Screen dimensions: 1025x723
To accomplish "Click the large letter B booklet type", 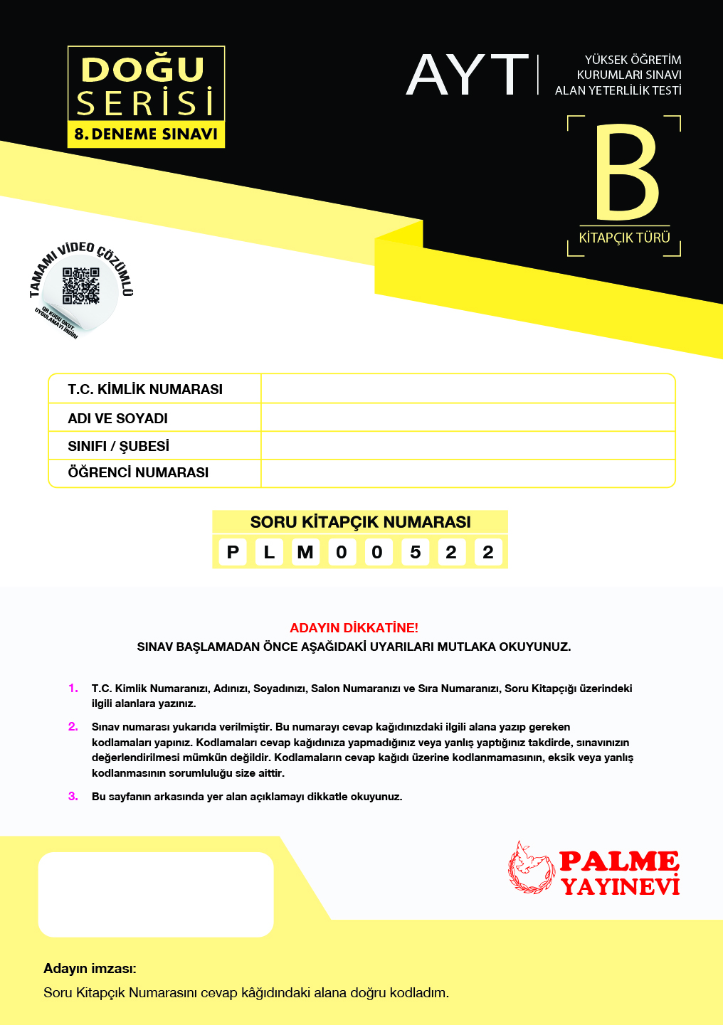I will [627, 172].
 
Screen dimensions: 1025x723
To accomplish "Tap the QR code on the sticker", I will [80, 286].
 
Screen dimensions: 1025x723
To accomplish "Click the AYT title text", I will [468, 75].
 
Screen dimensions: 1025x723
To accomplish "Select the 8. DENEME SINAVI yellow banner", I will [146, 134].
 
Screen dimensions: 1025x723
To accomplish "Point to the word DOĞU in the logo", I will [143, 70].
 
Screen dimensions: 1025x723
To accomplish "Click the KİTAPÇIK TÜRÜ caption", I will [624, 238].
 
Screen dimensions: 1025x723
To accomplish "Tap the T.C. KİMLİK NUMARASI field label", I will [145, 389].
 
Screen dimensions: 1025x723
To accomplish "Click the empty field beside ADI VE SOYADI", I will [468, 418].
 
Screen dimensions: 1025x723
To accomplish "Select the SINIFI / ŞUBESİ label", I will [118, 446].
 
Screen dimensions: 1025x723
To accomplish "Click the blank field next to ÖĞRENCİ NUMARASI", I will [468, 473].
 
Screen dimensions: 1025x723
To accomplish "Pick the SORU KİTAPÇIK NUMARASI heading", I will [360, 522].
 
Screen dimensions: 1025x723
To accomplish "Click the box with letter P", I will [233, 552].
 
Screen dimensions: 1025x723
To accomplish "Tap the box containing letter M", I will [305, 552].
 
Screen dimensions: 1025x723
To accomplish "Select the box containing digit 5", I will [415, 552].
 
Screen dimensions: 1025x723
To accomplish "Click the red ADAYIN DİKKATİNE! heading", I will [354, 628].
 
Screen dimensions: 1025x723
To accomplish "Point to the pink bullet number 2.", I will [73, 726].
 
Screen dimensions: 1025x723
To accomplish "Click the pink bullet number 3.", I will [73, 796].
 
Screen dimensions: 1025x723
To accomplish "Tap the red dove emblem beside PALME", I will [530, 868].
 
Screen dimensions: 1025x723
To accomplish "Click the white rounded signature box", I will [156, 894].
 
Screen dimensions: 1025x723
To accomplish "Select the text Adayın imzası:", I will [90, 968].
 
